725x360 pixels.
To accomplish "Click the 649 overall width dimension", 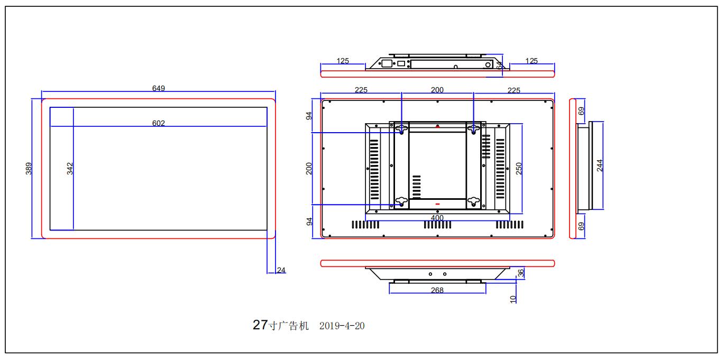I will pyautogui.click(x=159, y=88).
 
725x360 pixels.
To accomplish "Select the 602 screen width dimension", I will pyautogui.click(x=159, y=123).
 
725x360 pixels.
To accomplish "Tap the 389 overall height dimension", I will pyautogui.click(x=30, y=168).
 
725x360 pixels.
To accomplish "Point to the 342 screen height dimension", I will pyautogui.click(x=70, y=168).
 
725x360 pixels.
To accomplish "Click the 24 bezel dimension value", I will pyautogui.click(x=281, y=270).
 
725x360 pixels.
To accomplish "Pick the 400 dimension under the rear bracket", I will pyautogui.click(x=437, y=217).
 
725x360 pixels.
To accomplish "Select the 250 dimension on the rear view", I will pyautogui.click(x=519, y=168).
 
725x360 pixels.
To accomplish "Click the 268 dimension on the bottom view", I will pyautogui.click(x=437, y=290).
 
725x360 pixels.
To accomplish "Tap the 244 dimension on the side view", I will pyautogui.click(x=599, y=165).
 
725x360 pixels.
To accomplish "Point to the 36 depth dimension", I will pyautogui.click(x=520, y=273).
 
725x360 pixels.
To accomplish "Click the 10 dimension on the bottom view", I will pyautogui.click(x=513, y=299).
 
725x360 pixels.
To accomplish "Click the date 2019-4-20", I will pyautogui.click(x=342, y=326).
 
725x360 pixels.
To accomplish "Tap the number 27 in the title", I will pyautogui.click(x=260, y=325).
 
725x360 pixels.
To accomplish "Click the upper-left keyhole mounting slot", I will pyautogui.click(x=401, y=128).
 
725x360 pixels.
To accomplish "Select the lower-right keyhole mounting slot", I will pyautogui.click(x=473, y=201).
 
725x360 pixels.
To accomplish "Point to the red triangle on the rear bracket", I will pyautogui.click(x=437, y=126).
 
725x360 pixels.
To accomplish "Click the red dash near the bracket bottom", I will pyautogui.click(x=437, y=204).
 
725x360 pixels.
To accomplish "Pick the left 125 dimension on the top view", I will pyautogui.click(x=343, y=61).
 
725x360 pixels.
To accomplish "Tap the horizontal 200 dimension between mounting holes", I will pyautogui.click(x=437, y=90).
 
